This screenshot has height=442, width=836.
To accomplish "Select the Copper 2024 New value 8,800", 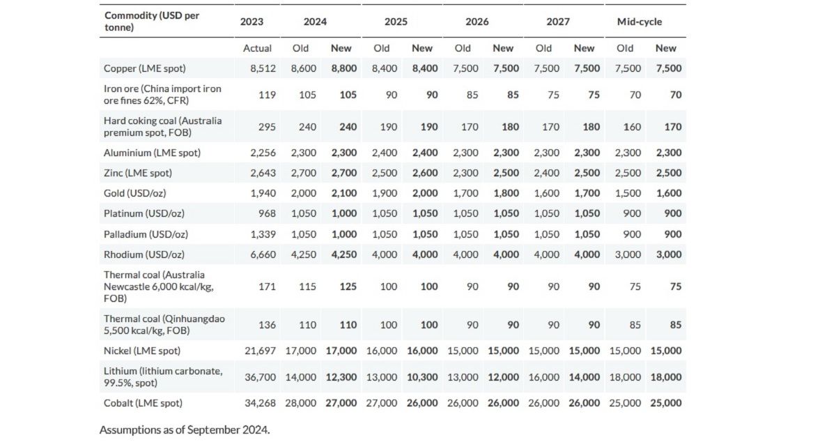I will coord(341,68).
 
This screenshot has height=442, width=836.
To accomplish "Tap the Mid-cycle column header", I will coord(639,22).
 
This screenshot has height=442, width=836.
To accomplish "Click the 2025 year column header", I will coord(396,22).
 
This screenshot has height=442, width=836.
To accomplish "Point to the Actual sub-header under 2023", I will coord(257,48).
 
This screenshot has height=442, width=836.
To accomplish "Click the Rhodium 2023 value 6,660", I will coord(263,254).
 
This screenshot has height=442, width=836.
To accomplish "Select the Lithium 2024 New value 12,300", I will coord(341,377).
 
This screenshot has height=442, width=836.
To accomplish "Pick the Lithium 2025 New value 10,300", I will coord(422,377).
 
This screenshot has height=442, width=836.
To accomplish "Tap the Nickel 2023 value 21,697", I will coord(260,351).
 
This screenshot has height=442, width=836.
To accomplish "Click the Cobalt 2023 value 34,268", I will coord(260,403).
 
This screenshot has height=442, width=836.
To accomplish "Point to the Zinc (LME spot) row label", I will coord(137,173).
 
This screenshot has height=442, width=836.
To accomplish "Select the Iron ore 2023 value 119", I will coord(267,95).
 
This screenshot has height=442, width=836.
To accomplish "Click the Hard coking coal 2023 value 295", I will coord(267,127).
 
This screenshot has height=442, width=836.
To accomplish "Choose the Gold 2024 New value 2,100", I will coord(341,193).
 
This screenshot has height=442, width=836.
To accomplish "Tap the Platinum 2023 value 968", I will coord(267,213).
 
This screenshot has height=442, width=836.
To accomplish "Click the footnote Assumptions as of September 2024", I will coord(184,429).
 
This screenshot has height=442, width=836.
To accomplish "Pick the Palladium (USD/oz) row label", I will coord(145,234).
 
